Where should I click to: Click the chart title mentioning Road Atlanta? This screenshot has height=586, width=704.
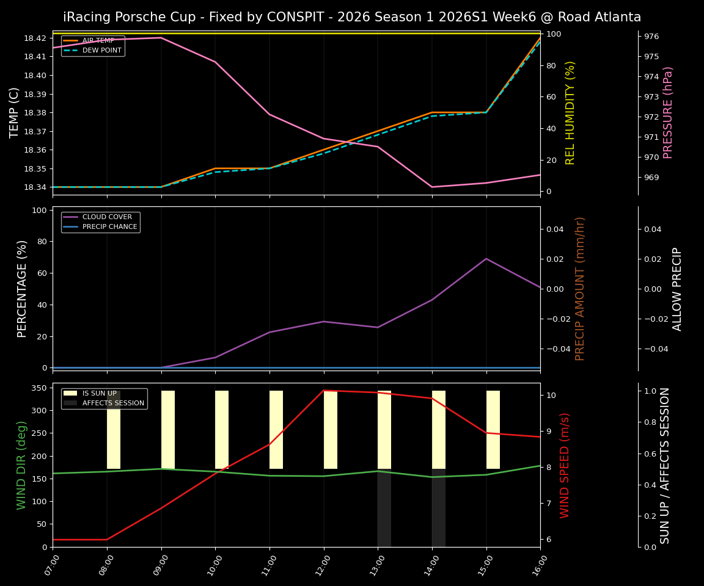pos(352,17)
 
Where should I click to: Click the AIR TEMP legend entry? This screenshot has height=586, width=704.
pos(98,40)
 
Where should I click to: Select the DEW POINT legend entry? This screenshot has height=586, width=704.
pos(101,50)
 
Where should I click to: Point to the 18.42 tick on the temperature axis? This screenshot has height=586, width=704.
pos(34,38)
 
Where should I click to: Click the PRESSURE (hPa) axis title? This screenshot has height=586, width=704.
pos(668,112)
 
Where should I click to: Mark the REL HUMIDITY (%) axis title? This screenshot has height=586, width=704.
pos(570,112)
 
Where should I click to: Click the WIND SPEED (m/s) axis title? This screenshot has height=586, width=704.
pos(565,465)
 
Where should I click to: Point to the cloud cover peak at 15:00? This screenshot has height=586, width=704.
pos(486,258)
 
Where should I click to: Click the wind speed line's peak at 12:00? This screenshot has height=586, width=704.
pos(324,390)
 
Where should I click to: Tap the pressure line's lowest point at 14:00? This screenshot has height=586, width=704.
pos(432,187)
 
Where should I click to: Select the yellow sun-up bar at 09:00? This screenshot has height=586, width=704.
pos(168,430)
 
